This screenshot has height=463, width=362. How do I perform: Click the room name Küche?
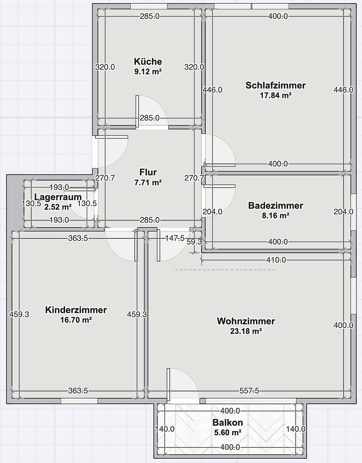[x=148, y=61]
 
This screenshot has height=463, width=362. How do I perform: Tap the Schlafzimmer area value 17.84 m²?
[x=275, y=96]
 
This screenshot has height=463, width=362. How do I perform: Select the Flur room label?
[x=148, y=172]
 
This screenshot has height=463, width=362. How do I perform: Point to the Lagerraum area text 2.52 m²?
[x=58, y=207]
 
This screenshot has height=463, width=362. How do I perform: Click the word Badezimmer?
[x=275, y=206]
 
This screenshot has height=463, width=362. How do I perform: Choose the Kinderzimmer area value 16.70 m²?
[x=76, y=320]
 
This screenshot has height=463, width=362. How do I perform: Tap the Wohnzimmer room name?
[x=246, y=321]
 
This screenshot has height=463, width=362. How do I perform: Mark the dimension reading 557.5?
[x=249, y=391]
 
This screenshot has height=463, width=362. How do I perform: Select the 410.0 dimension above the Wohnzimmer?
[x=276, y=260]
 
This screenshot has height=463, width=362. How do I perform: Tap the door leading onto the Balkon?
[x=183, y=386]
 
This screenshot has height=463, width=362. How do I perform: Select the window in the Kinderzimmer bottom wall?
[x=79, y=401]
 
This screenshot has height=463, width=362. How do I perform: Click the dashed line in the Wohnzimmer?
[x=225, y=270]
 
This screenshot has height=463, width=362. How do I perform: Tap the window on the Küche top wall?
[x=148, y=6]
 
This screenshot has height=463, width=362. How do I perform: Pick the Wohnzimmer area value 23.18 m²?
[x=245, y=331]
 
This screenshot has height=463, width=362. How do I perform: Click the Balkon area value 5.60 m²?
[x=227, y=433]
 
